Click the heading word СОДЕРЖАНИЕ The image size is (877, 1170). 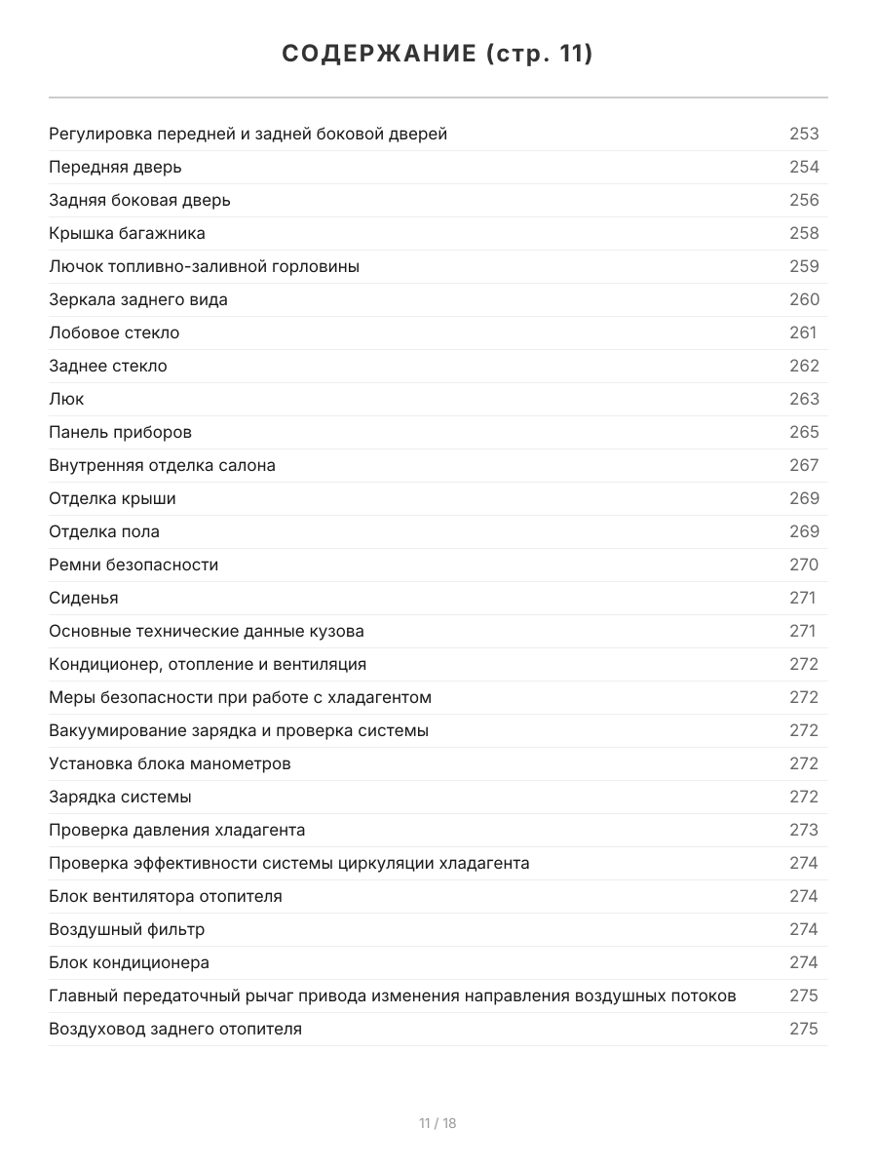(378, 55)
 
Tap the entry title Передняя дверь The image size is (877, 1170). (115, 167)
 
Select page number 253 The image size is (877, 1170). (804, 134)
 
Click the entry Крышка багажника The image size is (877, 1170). (127, 233)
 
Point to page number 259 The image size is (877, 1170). (804, 266)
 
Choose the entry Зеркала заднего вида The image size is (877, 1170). (138, 299)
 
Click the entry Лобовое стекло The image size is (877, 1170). (114, 332)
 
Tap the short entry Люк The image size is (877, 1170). (66, 399)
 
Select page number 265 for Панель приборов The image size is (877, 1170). (804, 432)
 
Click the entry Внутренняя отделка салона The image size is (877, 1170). (162, 465)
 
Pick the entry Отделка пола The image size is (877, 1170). (104, 531)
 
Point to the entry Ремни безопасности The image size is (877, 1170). (133, 565)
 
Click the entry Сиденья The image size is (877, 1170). (84, 598)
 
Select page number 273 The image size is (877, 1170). (804, 830)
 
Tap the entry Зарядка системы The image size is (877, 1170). (120, 797)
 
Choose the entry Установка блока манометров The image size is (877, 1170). (170, 763)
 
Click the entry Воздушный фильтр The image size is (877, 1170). (127, 929)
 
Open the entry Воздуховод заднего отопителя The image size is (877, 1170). (175, 1029)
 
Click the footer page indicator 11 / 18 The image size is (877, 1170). (438, 1123)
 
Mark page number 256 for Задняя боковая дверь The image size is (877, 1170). (804, 200)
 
